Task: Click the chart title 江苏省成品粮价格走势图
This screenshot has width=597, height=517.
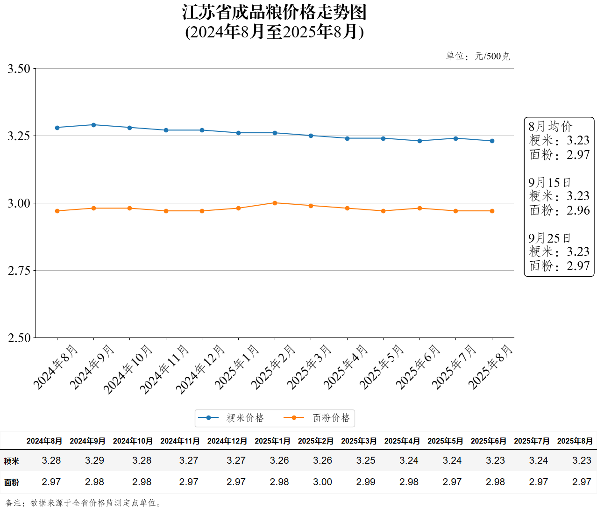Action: click(274, 13)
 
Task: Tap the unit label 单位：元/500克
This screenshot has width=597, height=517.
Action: click(477, 57)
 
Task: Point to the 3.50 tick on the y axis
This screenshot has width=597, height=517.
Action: click(19, 69)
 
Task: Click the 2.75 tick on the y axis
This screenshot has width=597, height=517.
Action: click(19, 271)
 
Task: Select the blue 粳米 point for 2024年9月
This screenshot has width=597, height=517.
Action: click(93, 125)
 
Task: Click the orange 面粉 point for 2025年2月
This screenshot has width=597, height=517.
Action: click(275, 203)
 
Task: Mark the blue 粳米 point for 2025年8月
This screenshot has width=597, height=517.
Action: click(492, 141)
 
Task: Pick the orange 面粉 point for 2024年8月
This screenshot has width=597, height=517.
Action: click(57, 211)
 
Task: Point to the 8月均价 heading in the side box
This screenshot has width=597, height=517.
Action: click(550, 126)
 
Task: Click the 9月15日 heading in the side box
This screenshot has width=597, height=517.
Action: click(549, 182)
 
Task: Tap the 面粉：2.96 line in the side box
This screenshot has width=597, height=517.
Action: click(559, 210)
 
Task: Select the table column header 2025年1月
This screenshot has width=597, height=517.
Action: click(272, 441)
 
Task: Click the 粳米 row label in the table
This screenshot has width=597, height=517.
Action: click(12, 461)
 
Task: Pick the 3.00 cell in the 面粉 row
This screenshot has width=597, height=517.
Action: click(322, 482)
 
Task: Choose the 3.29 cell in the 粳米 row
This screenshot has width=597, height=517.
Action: click(94, 460)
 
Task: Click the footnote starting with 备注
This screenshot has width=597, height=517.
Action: click(83, 503)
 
